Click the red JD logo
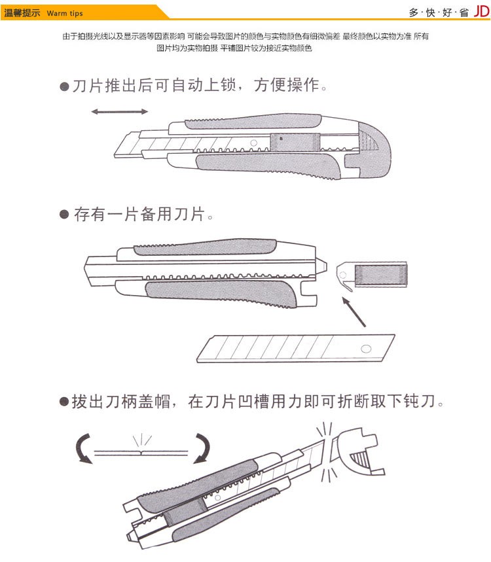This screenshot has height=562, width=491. [x=482, y=12]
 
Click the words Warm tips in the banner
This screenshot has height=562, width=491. [x=65, y=13]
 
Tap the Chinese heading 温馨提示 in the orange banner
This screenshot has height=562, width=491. [x=22, y=13]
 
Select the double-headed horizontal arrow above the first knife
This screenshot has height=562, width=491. [x=119, y=111]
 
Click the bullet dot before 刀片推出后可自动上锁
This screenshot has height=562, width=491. [x=64, y=86]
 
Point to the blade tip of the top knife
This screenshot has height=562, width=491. [x=115, y=156]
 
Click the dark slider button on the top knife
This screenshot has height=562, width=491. [x=295, y=142]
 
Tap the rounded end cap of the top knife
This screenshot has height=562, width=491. [x=374, y=149]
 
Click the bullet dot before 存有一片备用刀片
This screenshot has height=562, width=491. [x=64, y=215]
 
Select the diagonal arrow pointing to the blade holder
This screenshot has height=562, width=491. [x=354, y=312]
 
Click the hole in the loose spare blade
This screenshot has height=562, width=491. [x=366, y=349]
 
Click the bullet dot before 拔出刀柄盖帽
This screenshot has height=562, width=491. [x=64, y=402]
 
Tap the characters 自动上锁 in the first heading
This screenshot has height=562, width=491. [x=204, y=85]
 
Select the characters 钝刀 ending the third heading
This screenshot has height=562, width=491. [x=420, y=401]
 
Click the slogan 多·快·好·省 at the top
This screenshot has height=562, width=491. [x=439, y=12]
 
